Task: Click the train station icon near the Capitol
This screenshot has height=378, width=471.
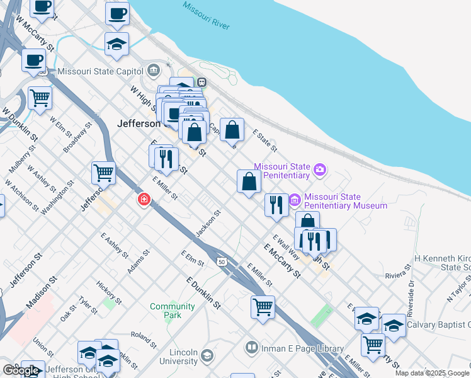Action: point(202,82)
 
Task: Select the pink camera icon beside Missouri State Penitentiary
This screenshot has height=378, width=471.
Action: point(320,169)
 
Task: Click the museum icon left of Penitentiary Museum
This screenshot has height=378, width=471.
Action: point(295,200)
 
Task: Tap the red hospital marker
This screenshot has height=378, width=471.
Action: point(144,200)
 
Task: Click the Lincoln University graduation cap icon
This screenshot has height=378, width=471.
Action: point(206,357)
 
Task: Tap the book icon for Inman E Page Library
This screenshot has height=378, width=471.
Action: point(252,348)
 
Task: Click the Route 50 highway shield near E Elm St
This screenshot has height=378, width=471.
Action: point(221,261)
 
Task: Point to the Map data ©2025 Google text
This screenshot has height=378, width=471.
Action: point(432,373)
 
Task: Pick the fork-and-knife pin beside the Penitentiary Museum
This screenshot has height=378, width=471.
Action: point(276,205)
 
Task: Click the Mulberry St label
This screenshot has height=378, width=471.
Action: point(20,161)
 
